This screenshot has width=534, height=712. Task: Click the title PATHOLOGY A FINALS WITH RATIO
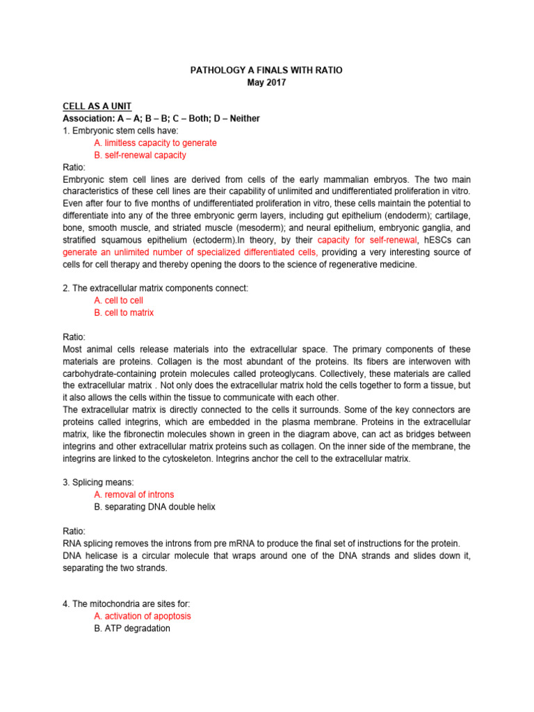266,70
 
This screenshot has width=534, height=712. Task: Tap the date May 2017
266,82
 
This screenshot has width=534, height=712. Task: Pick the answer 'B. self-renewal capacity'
139,155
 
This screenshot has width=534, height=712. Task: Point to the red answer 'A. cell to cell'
118,300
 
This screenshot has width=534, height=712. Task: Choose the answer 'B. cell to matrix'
123,313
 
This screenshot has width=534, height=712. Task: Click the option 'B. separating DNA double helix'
154,507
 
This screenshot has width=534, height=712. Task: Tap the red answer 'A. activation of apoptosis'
142,616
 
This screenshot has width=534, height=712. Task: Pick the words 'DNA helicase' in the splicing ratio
86,555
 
